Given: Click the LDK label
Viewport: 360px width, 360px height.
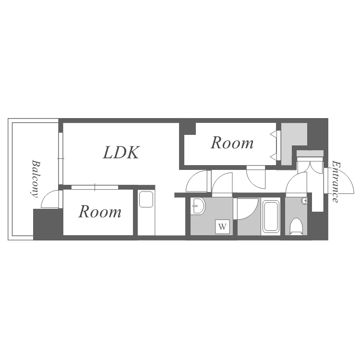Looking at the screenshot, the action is pos(121,153).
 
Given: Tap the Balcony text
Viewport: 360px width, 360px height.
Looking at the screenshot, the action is pos(35,179).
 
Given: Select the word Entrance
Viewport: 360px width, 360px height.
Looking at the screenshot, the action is pos(336,182).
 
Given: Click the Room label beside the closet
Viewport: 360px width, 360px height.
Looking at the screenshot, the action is pos(232,143).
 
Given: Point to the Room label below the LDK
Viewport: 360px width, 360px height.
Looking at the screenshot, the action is pos(100,212).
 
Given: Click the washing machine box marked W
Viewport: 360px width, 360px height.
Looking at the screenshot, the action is pos(222,227).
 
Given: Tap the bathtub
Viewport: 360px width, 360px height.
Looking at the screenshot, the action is pos(271,216).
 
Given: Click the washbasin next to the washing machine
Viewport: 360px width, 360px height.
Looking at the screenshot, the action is pos(198,206).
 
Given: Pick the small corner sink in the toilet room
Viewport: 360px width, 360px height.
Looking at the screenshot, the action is pos(305,201).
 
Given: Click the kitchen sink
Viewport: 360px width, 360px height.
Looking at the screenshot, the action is pos(146,199).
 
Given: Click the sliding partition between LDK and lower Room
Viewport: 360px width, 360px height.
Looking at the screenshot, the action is pos(95,187).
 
